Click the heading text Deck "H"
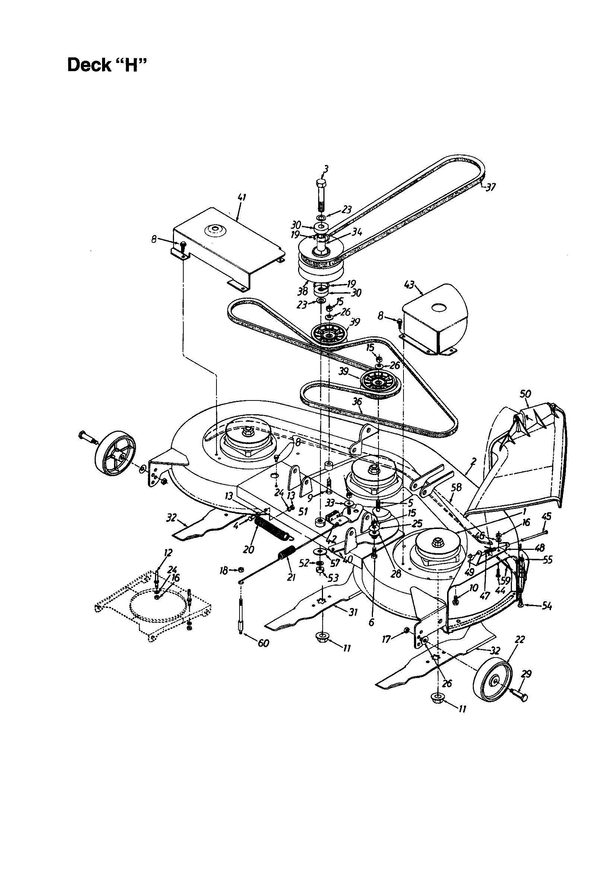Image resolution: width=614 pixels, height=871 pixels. tap(107, 65)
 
